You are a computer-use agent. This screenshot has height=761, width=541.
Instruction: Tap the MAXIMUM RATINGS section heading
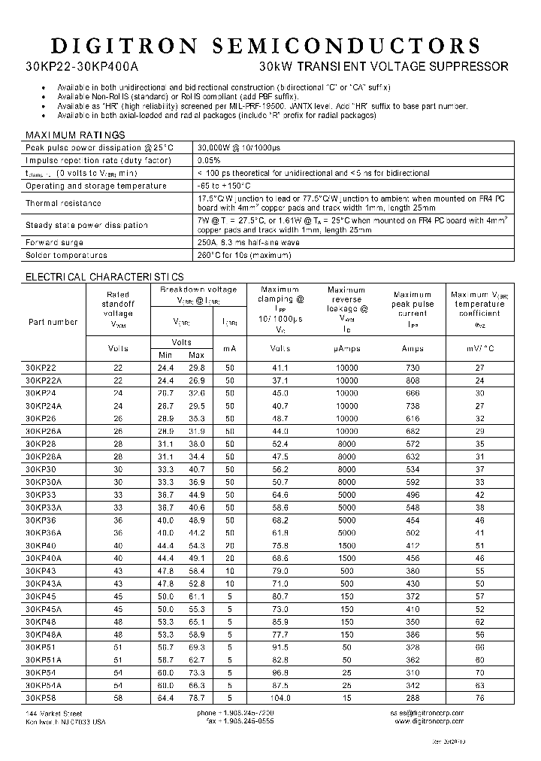75,135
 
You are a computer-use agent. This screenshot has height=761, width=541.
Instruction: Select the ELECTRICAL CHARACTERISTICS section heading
104,277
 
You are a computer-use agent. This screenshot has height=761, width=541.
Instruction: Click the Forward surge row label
54,243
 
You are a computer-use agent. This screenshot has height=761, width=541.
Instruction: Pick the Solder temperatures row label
66,256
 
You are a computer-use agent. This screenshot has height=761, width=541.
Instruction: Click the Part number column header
53,322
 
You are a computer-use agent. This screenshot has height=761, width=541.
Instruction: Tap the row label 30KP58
41,699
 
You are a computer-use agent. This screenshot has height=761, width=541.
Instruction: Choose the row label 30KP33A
44,508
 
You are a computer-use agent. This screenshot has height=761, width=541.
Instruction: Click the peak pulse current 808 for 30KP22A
413,380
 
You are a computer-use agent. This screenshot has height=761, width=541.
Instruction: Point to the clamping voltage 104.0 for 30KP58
280,699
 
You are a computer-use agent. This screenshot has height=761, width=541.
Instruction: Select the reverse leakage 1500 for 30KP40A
346,559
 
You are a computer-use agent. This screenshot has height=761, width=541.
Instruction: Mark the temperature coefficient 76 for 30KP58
480,699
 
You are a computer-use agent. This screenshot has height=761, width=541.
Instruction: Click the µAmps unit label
346,349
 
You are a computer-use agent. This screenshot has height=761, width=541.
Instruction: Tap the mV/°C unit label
480,349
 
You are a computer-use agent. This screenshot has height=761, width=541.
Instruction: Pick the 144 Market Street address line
53,713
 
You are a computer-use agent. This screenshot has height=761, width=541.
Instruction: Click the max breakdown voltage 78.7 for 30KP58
196,699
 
